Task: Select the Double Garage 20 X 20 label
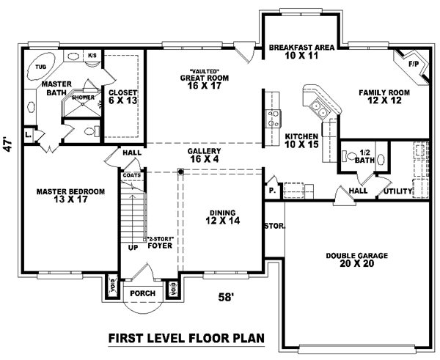point(356,260)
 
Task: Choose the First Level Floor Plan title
point(186,338)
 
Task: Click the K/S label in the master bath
point(92,55)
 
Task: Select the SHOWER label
point(82,97)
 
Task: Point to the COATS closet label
point(132,175)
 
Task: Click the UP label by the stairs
point(132,248)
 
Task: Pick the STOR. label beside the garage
point(274,226)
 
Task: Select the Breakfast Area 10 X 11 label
point(301,51)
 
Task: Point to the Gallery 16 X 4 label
point(203,155)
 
